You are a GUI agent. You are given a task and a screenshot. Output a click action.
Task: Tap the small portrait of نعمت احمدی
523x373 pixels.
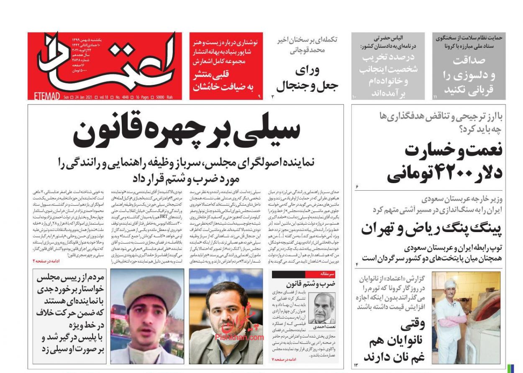322,307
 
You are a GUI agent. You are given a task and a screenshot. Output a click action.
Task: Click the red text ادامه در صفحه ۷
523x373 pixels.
285,359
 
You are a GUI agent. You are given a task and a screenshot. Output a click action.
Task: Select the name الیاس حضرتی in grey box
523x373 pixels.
388,38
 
